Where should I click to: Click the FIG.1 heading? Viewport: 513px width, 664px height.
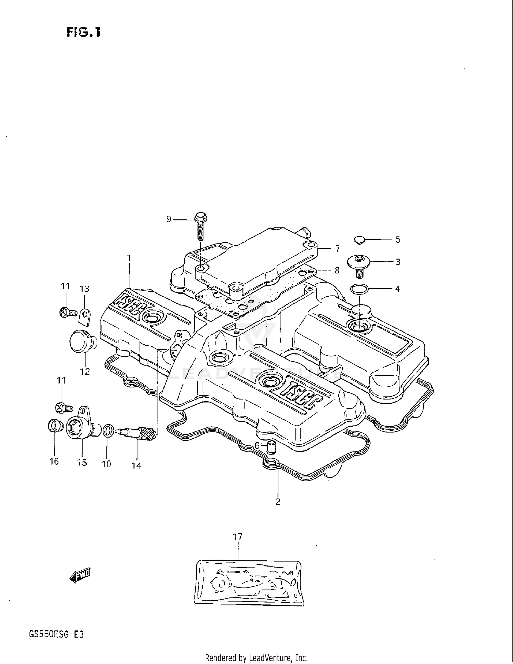(x=83, y=32)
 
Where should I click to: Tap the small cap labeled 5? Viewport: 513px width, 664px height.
(x=359, y=239)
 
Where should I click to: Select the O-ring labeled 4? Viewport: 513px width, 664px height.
(x=359, y=289)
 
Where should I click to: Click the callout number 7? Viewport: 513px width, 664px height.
(x=337, y=249)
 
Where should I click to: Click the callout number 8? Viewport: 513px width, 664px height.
(x=337, y=271)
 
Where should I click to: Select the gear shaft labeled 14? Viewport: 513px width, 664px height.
(x=137, y=433)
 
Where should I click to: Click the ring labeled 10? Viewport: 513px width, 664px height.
(x=108, y=430)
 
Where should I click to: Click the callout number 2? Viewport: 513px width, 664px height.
(x=278, y=502)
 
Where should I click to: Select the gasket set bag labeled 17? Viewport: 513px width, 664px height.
(x=249, y=582)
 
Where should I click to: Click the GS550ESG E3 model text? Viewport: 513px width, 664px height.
(x=56, y=635)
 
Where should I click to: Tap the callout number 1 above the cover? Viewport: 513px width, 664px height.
(x=129, y=257)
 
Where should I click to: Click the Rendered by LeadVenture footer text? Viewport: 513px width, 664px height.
(x=256, y=658)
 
